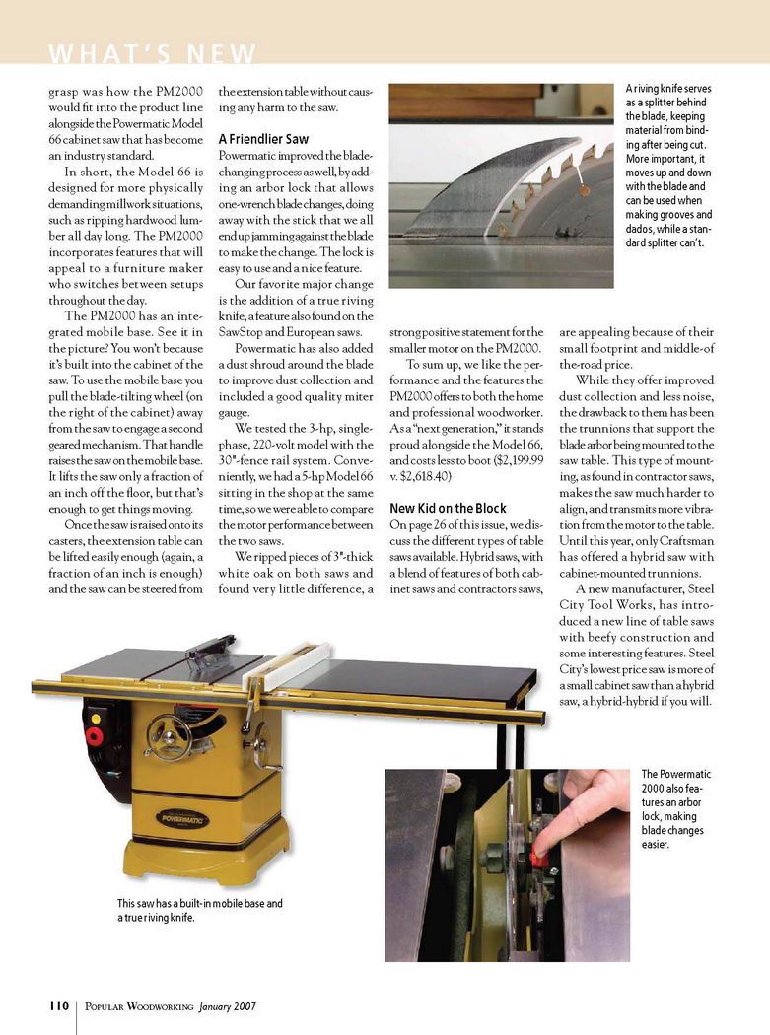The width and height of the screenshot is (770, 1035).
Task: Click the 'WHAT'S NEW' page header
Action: (151, 53)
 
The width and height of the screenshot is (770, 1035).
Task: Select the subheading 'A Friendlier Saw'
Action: (263, 140)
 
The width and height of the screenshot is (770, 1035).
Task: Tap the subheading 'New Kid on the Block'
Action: (448, 509)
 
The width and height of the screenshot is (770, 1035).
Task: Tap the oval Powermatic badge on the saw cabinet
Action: (183, 818)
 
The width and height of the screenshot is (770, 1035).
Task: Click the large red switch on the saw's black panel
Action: (96, 735)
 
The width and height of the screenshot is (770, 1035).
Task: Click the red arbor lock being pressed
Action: (538, 860)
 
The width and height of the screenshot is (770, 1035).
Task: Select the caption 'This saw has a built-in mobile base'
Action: (199, 910)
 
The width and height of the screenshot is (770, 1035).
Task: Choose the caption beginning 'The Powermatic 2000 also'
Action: (676, 813)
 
